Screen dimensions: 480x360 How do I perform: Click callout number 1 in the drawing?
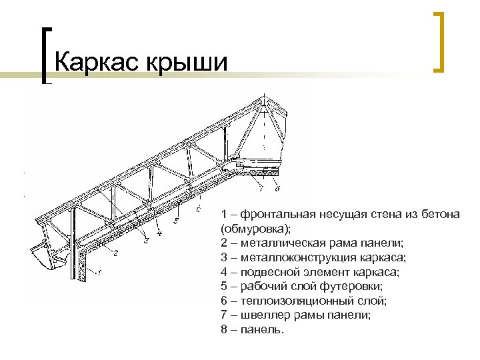point(99,271)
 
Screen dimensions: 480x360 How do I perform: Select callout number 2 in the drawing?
point(115,253)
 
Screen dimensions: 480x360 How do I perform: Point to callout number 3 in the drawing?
point(144,235)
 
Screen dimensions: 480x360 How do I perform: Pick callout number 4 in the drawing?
point(159,233)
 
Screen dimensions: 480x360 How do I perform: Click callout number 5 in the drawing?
point(176,220)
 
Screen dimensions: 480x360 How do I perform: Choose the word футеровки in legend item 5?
point(342,287)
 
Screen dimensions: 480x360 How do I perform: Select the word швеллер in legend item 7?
point(262,315)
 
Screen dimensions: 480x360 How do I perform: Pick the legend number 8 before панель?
point(224,330)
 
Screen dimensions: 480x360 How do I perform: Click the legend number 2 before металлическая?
point(224,243)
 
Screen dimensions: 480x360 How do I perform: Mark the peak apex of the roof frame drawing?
point(265,97)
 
